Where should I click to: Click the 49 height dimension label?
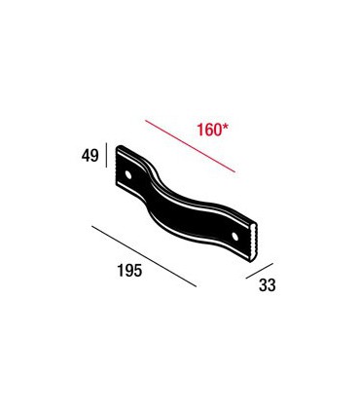tap(90, 156)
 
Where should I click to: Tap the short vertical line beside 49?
tap(106, 155)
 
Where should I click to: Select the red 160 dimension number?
tap(209, 130)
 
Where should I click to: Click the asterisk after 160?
tap(225, 127)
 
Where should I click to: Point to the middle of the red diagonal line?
tap(190, 146)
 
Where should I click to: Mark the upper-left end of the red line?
tap(145, 120)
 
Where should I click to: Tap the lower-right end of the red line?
tap(235, 172)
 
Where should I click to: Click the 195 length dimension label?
tap(129, 271)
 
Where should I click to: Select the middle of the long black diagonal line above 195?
tap(144, 256)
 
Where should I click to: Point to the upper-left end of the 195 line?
tap(92, 226)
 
